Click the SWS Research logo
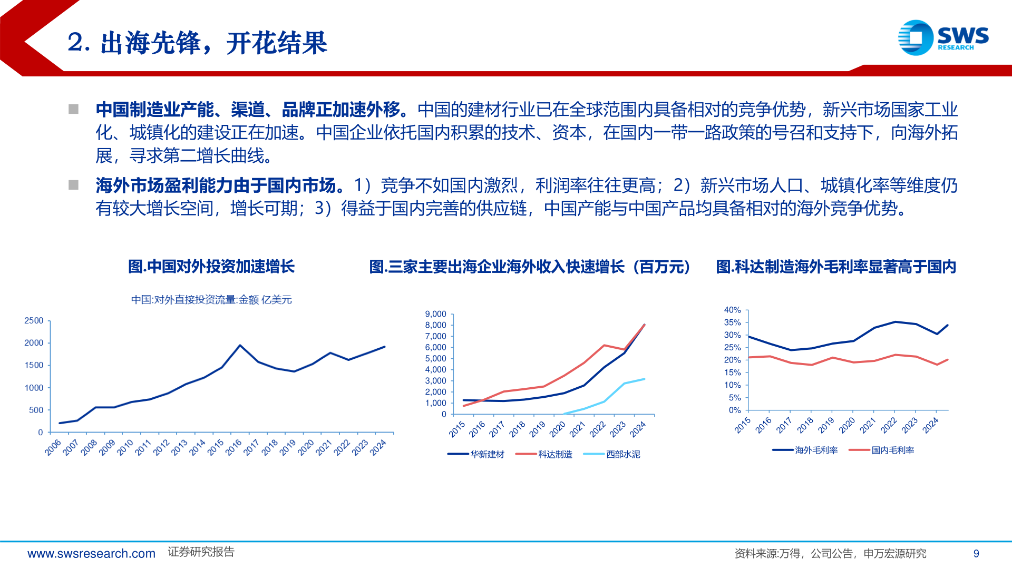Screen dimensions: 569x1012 (943, 37)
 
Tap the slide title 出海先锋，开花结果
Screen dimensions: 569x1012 (198, 43)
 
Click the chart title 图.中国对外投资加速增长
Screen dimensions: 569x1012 (211, 267)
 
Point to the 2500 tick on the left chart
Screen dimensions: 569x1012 (34, 320)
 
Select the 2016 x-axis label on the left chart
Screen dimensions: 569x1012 (233, 447)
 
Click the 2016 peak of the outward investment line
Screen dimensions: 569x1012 (240, 345)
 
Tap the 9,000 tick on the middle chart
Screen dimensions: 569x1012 (435, 314)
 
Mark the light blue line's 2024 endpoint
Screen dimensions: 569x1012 (644, 379)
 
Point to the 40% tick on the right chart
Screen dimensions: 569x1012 (732, 310)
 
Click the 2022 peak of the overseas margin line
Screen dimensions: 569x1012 (895, 322)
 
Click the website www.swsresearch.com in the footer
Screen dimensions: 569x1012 (91, 554)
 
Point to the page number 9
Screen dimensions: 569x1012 (976, 554)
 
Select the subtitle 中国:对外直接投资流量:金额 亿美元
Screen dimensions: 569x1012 (211, 300)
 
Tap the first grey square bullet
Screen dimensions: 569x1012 (73, 110)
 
